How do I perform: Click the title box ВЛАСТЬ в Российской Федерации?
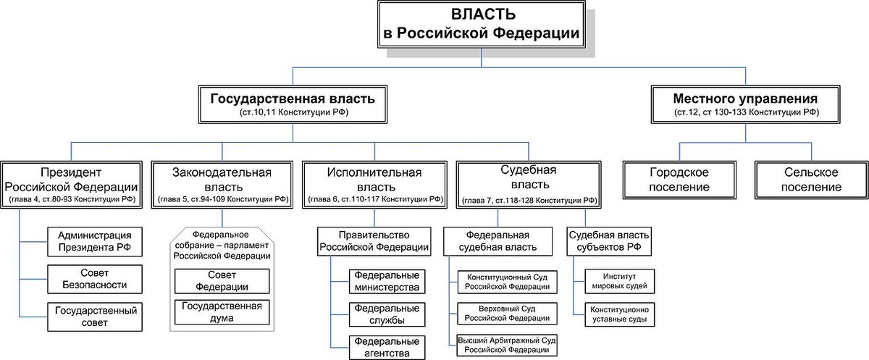[x=481, y=25]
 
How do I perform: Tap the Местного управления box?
[x=745, y=104]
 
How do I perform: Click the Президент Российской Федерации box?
[x=72, y=184]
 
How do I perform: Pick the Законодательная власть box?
[x=222, y=184]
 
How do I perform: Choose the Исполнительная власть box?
[x=374, y=184]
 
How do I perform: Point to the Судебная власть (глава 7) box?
[x=528, y=184]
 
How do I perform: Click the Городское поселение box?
[x=679, y=180]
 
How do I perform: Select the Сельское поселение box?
[x=811, y=180]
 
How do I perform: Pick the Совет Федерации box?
[x=222, y=282]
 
